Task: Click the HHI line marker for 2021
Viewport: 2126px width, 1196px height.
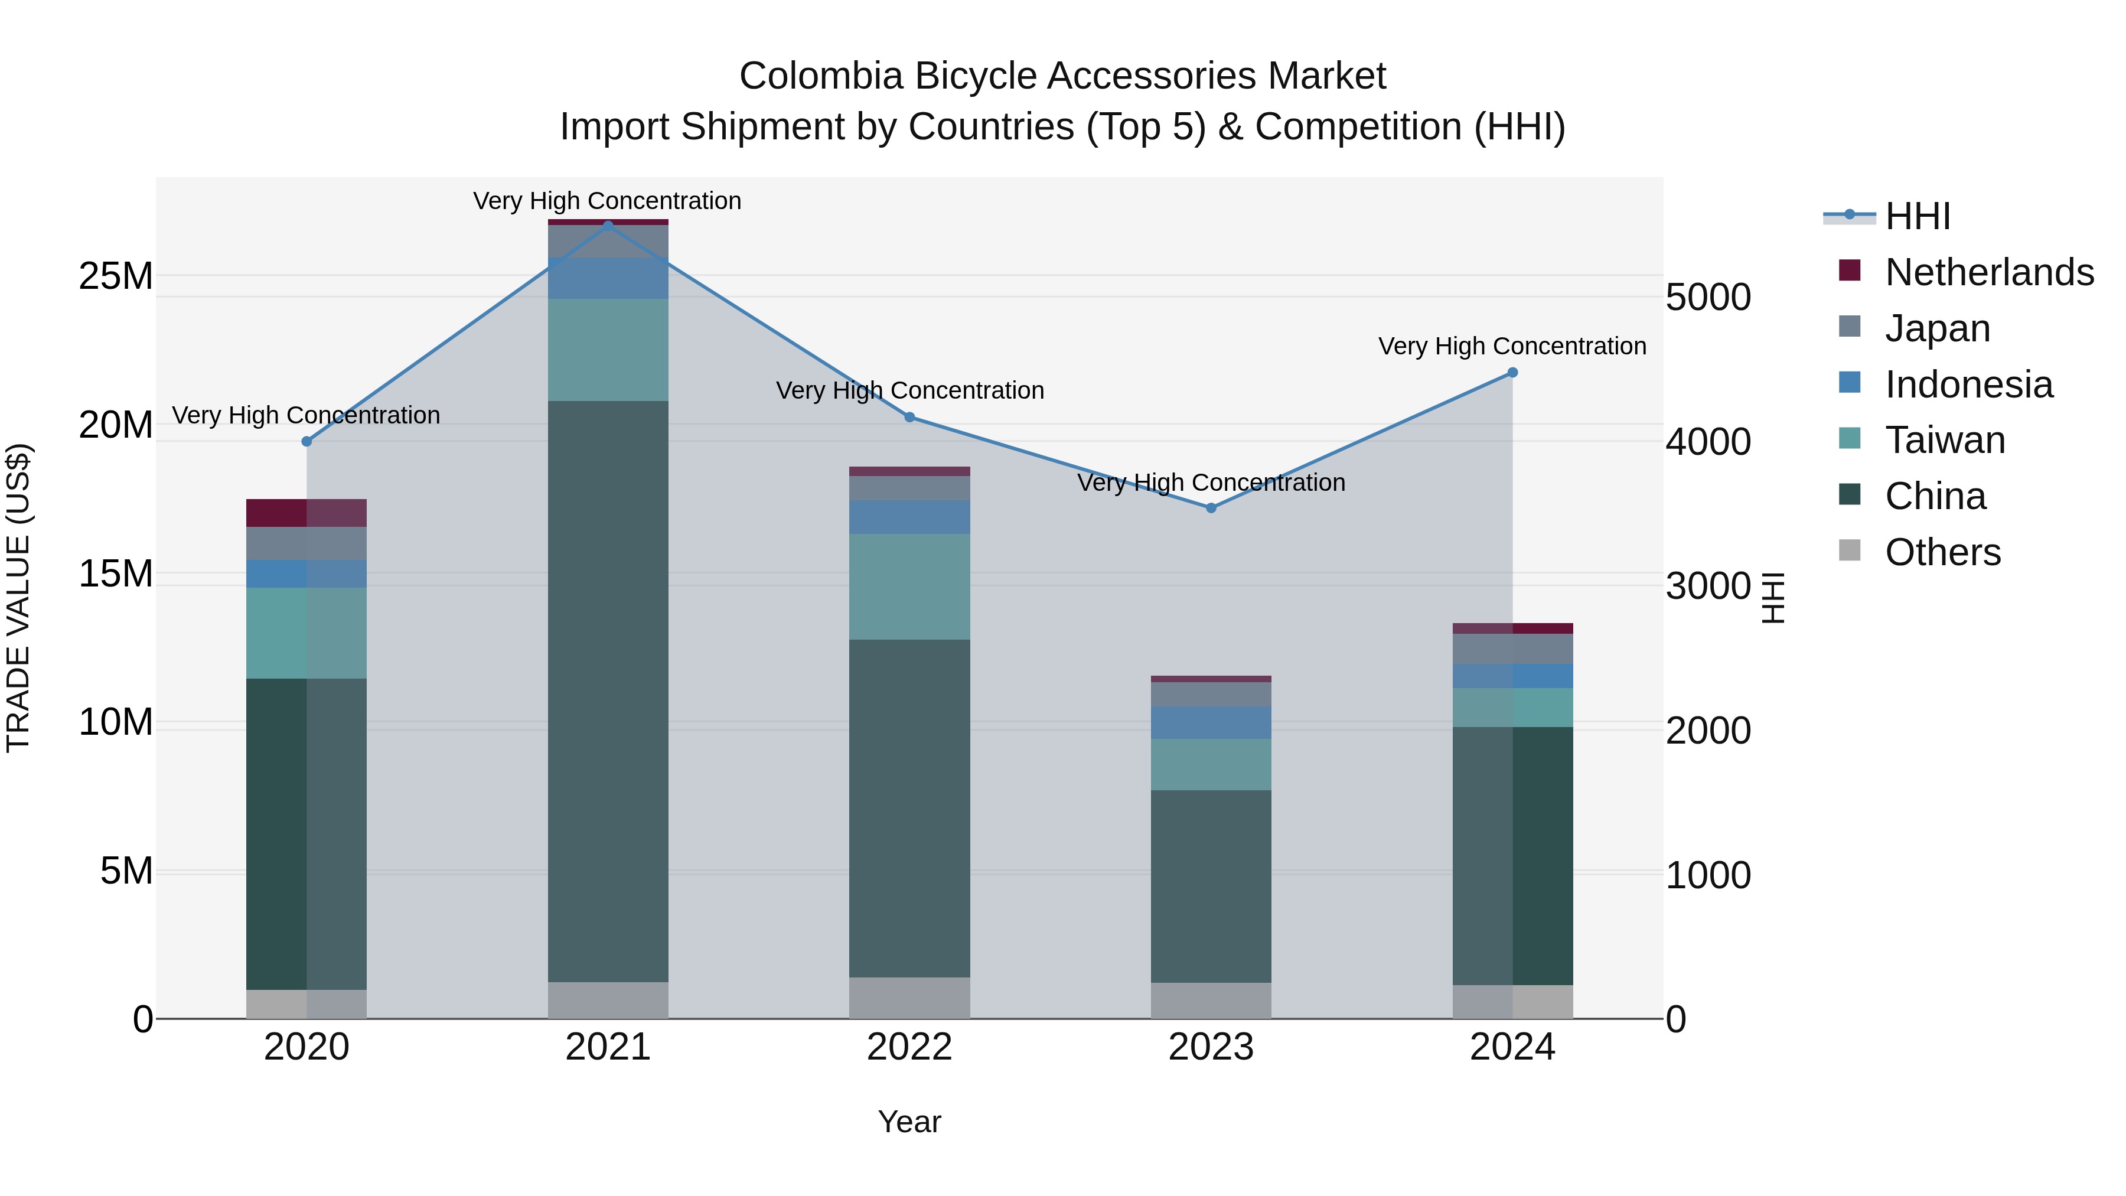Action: (608, 226)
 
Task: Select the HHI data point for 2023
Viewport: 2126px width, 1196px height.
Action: (1211, 507)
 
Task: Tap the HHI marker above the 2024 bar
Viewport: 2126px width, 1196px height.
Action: (1512, 372)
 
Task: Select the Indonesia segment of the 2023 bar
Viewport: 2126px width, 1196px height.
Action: (1211, 722)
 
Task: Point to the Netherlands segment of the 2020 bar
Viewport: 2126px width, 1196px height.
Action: (306, 513)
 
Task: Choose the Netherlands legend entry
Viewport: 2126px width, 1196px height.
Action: (1989, 272)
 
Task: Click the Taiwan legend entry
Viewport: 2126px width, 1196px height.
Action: (1945, 440)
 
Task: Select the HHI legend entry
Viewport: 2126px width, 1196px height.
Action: (1917, 216)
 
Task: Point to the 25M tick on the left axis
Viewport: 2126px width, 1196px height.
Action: (116, 276)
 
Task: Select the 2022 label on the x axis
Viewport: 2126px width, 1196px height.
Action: (909, 1047)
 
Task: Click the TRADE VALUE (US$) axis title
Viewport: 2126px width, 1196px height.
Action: (18, 598)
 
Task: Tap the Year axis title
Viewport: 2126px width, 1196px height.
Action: (909, 1122)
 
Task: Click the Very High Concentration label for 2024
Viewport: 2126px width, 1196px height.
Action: (1512, 346)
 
